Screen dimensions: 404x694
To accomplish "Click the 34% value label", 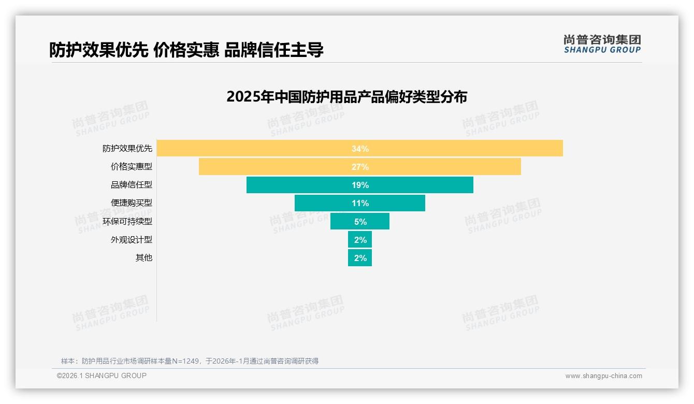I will pos(360,149).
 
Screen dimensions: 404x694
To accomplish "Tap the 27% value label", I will pos(360,167).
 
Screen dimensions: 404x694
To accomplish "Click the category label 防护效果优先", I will pos(127,149).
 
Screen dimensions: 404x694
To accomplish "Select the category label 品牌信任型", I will pos(132,185).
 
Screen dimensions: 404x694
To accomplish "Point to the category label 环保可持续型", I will pos(127,222).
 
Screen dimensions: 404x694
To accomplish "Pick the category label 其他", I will pos(144,258).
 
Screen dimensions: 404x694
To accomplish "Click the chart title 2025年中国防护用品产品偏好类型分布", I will pos(346,97).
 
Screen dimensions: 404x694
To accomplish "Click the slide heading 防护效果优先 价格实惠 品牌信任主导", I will pos(186,50).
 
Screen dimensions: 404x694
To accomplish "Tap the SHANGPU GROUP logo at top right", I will pos(602,44).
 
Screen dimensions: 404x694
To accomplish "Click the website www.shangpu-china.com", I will pos(603,376).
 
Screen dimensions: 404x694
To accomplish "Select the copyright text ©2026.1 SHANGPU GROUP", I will pos(102,376).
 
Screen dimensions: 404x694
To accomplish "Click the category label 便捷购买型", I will pos(132,203).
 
